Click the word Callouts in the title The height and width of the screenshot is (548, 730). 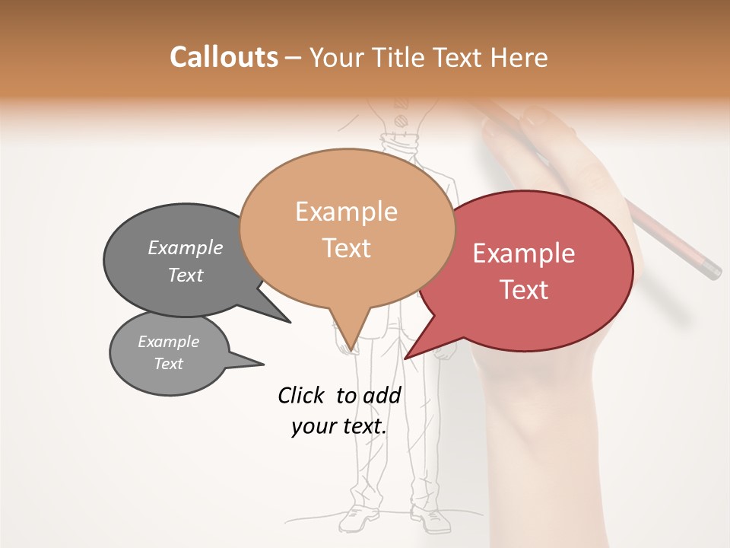224,57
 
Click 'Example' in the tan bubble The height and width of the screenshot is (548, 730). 346,212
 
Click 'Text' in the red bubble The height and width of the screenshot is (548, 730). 524,290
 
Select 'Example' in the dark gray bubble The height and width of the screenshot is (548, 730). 185,247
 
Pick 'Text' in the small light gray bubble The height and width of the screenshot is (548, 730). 168,364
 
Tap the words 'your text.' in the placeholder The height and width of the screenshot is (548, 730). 339,426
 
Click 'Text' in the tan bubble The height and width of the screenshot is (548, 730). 346,248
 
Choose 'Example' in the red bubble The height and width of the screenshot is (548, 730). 524,253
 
